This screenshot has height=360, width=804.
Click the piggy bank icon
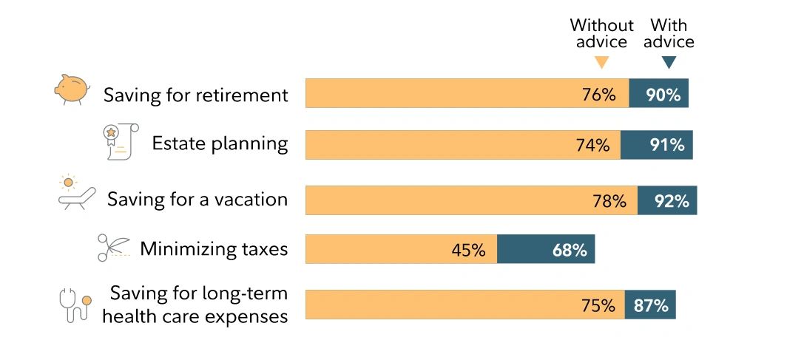tap(72, 89)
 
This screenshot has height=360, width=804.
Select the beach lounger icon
tap(77, 193)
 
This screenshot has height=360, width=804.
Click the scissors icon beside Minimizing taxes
tap(113, 248)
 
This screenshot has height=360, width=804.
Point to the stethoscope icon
tap(75, 304)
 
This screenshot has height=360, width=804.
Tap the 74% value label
tap(592, 146)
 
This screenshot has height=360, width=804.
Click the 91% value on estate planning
tap(666, 146)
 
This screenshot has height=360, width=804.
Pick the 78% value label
tap(609, 201)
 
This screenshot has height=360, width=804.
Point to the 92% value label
tap(671, 201)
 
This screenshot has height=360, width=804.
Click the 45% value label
tap(468, 251)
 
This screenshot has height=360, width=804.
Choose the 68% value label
tap(570, 251)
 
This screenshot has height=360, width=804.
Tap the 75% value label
tap(597, 305)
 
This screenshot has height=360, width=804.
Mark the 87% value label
tap(651, 305)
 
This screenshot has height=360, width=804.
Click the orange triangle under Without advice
tap(601, 63)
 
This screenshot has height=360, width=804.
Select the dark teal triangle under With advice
tap(669, 63)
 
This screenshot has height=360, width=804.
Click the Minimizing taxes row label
tap(214, 248)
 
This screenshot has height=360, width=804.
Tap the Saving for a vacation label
tap(197, 199)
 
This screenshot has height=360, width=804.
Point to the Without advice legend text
tap(601, 33)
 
